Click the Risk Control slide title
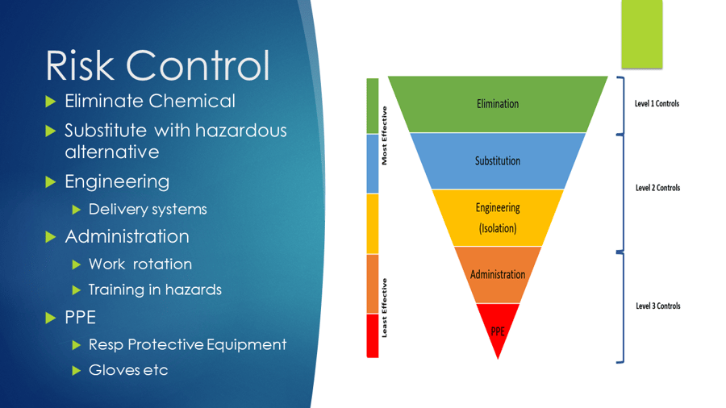[157, 65]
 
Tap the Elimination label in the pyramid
[498, 104]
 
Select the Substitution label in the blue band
[498, 160]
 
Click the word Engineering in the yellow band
[498, 208]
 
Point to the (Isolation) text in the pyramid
[498, 227]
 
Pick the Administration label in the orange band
[498, 274]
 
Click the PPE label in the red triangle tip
[498, 331]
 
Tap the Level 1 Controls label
[657, 104]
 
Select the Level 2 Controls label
[657, 188]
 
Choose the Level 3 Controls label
[657, 306]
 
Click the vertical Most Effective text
[385, 135]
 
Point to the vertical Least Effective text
[385, 307]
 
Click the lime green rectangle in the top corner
[641, 34]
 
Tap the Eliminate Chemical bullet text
[150, 102]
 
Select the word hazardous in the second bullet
[236, 131]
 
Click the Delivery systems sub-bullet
[148, 210]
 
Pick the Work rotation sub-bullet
[140, 264]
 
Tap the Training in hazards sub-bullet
[155, 289]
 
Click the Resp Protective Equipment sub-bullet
[187, 344]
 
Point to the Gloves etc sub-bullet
[128, 370]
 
